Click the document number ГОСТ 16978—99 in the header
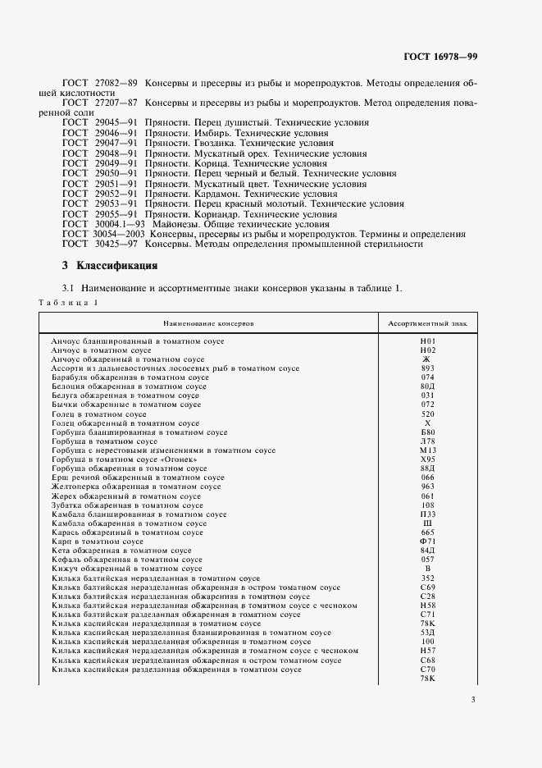(x=440, y=57)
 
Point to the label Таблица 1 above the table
(x=68, y=303)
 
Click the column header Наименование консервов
(x=208, y=323)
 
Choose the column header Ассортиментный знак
(x=426, y=323)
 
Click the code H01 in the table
(x=426, y=341)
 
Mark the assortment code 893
(x=426, y=368)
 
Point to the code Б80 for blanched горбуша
(x=426, y=432)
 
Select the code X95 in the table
(x=426, y=459)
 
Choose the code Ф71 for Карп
(x=426, y=542)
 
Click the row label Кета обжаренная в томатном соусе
(x=121, y=551)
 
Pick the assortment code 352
(x=426, y=578)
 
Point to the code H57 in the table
(x=426, y=651)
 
